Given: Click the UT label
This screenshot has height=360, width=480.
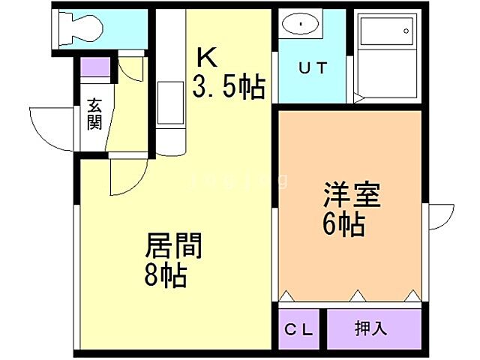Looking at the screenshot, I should (313, 68).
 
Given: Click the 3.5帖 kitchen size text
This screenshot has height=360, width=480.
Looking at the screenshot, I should (229, 88).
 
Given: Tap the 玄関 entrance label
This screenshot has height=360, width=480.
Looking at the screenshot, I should (94, 114).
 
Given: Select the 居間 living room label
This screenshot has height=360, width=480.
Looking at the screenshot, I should (174, 245).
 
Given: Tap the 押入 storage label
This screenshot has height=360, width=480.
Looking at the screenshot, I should (370, 328).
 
